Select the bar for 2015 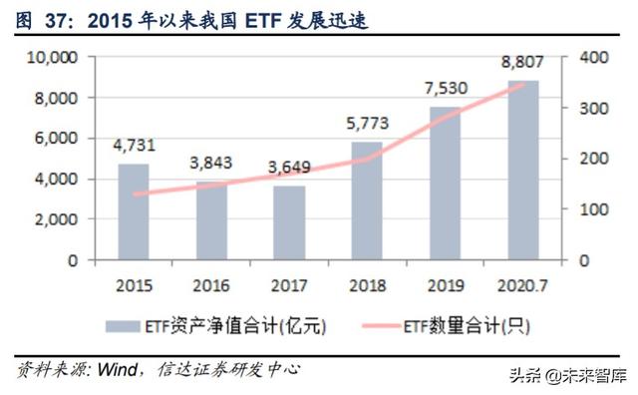[x=133, y=211]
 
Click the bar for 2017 [x=289, y=222]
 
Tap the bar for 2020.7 [x=523, y=170]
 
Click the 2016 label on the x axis [x=210, y=285]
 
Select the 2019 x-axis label [x=445, y=285]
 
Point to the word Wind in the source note [x=119, y=369]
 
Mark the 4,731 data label [x=133, y=145]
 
